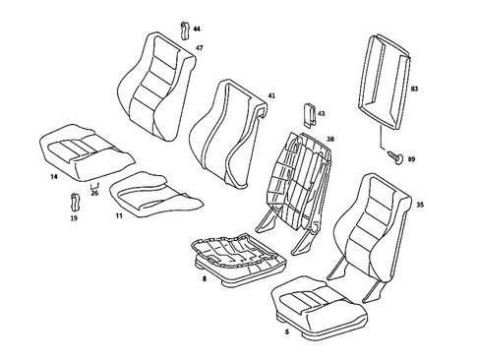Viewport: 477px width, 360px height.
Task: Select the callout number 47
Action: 199,48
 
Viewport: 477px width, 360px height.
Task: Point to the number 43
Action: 320,114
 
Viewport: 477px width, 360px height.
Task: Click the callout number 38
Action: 330,140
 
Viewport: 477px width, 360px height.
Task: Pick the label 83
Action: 415,89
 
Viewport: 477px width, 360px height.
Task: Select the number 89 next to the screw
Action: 412,158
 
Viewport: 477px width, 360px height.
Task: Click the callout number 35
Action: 420,205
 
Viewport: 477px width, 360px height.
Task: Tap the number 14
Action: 54,177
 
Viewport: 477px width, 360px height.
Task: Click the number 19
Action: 73,222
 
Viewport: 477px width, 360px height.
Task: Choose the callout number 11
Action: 118,214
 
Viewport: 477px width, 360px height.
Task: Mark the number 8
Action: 203,280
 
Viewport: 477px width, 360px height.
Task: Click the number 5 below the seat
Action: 286,332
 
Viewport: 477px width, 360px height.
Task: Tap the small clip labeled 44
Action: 184,30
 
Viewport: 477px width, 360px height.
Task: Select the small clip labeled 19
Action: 76,204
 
